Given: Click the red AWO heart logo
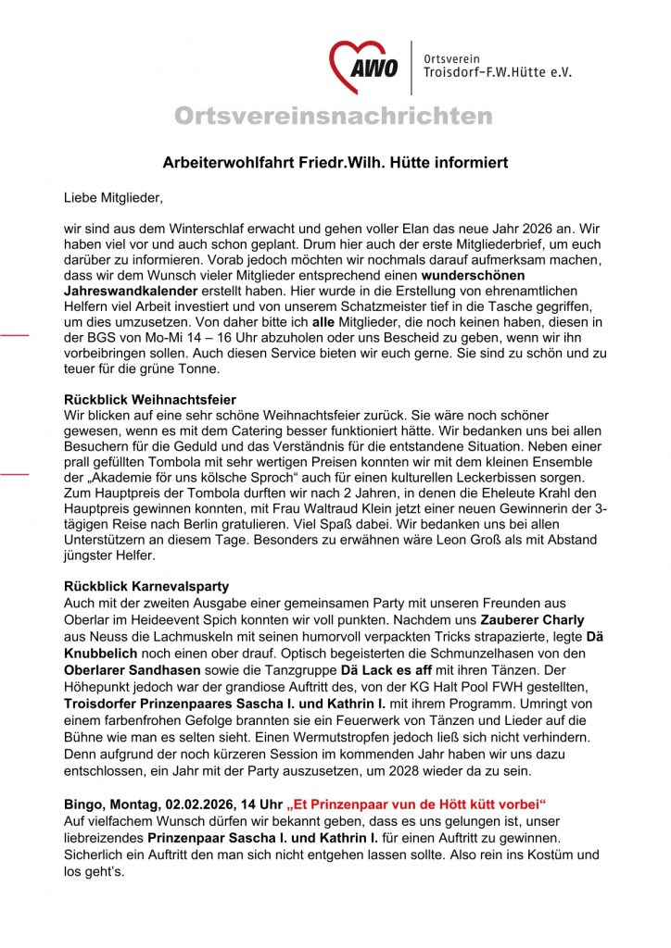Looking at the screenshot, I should click(x=364, y=66).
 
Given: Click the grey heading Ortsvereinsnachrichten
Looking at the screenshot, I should click(x=334, y=117).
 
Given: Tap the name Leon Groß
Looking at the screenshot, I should click(x=440, y=541).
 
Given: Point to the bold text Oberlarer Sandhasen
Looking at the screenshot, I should click(x=133, y=667).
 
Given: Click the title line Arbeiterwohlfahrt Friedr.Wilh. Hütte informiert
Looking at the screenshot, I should click(x=335, y=163).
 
